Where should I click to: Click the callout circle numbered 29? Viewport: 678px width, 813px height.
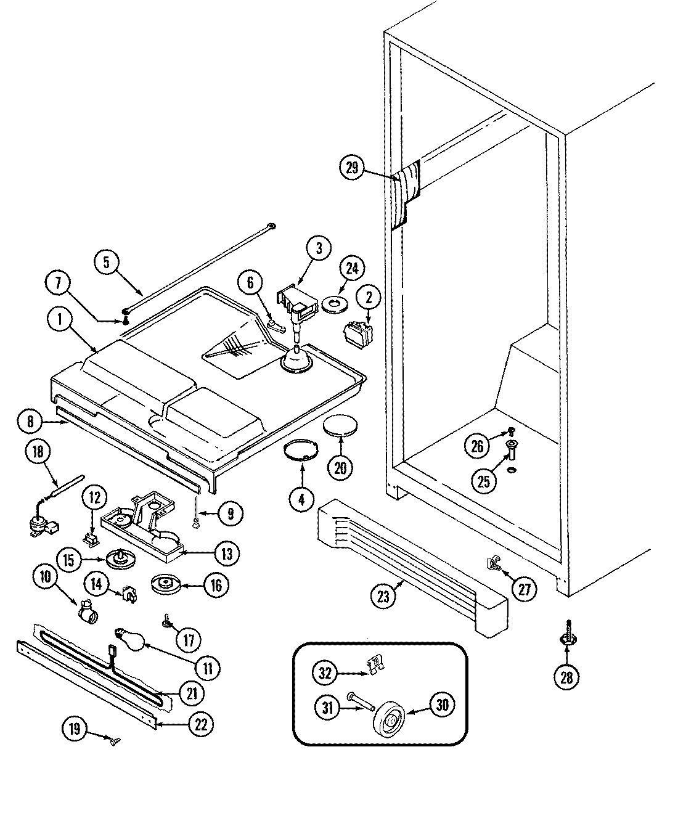coord(353,168)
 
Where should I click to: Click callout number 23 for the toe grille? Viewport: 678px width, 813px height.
coord(384,595)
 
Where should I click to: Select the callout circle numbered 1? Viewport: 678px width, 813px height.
coord(60,321)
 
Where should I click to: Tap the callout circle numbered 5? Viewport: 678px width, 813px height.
coord(106,261)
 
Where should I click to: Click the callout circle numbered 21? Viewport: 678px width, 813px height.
coord(192,693)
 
